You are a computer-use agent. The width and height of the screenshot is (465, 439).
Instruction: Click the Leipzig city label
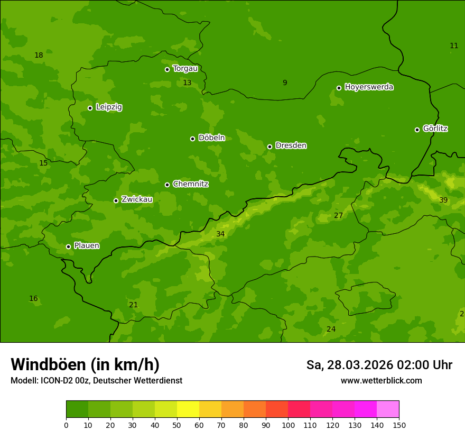pos(109,107)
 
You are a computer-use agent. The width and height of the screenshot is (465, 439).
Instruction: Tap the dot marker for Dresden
pos(269,147)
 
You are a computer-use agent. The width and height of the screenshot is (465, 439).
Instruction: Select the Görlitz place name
pos(435,129)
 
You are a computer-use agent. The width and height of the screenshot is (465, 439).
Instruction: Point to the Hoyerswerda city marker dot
pos(339,88)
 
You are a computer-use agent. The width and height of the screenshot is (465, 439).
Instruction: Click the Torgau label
pos(185,68)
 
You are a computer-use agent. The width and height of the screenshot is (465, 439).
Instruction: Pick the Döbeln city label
pos(211,138)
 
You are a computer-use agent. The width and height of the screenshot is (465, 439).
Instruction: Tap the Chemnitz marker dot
pos(167,185)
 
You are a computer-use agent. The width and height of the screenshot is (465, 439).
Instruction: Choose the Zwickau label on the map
pos(137,199)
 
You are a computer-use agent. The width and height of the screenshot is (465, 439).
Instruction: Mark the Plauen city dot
pos(68,246)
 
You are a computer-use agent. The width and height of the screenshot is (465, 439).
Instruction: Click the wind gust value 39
pos(443,200)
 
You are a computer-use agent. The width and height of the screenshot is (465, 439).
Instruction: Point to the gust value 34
pos(220,234)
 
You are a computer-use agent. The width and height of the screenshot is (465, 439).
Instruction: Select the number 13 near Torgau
pos(187,83)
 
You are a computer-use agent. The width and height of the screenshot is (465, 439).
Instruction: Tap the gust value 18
pos(39,55)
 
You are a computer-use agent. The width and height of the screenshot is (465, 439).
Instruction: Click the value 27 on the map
pos(338,215)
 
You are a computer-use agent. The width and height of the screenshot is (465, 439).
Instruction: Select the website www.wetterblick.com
pos(381,380)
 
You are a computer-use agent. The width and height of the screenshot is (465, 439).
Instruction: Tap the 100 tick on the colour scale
pos(288,425)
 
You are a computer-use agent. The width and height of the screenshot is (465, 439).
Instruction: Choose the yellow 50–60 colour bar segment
pos(188,409)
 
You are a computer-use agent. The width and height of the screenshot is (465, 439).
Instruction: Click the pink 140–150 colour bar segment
pos(388,409)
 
